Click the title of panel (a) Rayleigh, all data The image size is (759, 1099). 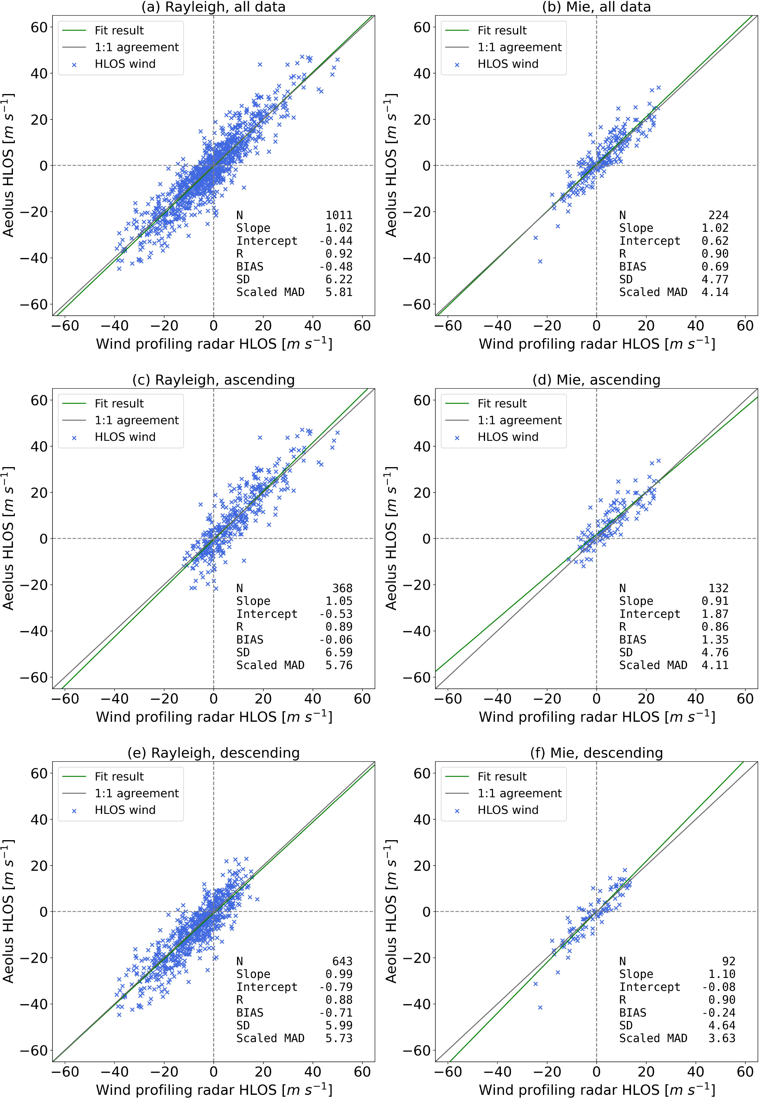[213, 7]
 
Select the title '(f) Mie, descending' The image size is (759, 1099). [596, 753]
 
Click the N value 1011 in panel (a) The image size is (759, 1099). [339, 215]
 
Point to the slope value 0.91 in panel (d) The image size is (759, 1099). [715, 601]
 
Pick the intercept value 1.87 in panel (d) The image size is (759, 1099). [715, 614]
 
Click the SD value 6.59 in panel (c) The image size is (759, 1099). [339, 652]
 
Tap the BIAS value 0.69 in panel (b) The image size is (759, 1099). [715, 266]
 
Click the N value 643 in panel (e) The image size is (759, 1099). [342, 961]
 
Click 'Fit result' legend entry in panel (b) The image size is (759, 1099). [502, 30]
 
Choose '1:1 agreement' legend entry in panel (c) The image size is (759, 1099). [136, 420]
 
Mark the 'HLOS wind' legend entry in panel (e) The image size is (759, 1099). [125, 810]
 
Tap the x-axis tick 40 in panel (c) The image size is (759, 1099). [312, 699]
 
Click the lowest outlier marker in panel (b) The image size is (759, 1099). [540, 261]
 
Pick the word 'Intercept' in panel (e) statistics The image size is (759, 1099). [266, 987]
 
